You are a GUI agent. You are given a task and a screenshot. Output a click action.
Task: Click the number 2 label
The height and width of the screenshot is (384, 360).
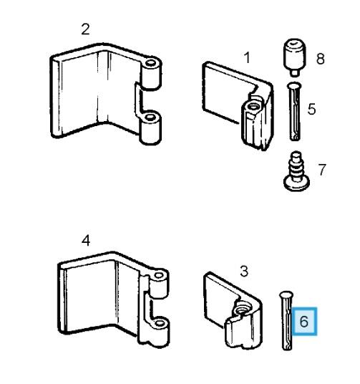tap(85, 29)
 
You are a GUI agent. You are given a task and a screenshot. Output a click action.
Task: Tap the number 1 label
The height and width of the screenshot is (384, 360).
tap(247, 57)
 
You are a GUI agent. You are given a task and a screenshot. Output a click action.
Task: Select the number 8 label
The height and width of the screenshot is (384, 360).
tap(321, 59)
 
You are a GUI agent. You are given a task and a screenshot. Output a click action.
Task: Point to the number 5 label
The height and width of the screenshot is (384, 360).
tap(312, 109)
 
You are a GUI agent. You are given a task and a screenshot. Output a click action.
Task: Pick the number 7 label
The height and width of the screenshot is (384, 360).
tap(322, 170)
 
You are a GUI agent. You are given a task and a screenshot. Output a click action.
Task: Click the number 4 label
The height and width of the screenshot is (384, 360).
tap(86, 241)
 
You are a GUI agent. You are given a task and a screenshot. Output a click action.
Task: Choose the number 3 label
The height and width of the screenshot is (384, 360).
tap(244, 271)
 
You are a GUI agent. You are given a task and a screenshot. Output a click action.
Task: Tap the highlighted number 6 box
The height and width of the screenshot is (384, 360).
tap(304, 321)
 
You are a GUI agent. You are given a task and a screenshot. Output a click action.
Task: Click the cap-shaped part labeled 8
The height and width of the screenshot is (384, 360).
tap(295, 57)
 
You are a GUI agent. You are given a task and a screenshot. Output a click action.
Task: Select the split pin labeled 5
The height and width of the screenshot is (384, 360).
tap(294, 112)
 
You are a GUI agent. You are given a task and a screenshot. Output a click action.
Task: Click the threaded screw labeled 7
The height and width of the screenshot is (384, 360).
tap(296, 171)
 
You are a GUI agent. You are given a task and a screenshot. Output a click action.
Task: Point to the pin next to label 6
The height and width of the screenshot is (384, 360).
tap(286, 320)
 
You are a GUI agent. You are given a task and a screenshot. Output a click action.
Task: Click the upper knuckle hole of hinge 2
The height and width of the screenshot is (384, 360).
tap(151, 64)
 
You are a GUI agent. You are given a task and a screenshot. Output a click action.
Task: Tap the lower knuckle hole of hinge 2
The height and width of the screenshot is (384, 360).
tap(150, 117)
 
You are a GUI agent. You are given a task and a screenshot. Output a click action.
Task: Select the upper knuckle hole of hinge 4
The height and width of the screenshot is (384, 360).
tap(159, 276)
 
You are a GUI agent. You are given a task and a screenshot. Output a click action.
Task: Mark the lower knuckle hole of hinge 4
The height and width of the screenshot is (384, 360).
tap(160, 323)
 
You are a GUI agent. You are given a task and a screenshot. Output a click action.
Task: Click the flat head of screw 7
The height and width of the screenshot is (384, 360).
tap(296, 183)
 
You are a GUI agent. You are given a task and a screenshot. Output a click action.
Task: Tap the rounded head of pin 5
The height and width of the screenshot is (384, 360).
tap(294, 86)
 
